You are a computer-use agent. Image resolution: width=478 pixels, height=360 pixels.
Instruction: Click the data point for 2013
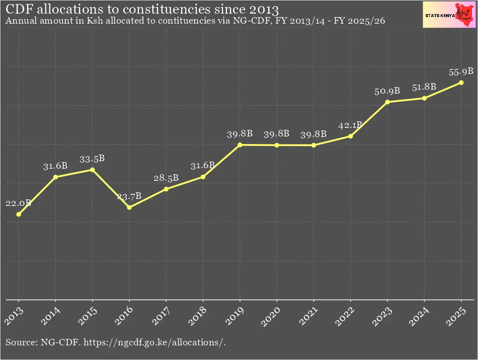(x=19, y=214)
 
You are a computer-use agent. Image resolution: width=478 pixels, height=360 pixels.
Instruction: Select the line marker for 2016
(x=129, y=207)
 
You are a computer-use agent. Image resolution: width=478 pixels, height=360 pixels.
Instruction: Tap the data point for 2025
(x=461, y=83)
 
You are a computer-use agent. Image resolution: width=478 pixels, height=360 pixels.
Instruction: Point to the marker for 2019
(x=240, y=145)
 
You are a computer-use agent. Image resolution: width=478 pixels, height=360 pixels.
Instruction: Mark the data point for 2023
(x=387, y=102)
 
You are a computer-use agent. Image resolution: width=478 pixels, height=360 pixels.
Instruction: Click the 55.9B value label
(x=461, y=72)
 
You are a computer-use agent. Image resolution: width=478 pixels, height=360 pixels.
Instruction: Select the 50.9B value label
(x=387, y=91)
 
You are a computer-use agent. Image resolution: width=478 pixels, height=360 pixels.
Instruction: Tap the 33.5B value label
(x=92, y=159)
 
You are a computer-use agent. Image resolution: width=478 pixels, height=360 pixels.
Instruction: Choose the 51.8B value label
(x=424, y=87)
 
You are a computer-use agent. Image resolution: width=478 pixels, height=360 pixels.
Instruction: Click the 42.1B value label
(x=351, y=125)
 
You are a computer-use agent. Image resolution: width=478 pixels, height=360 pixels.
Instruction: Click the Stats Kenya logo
(x=449, y=14)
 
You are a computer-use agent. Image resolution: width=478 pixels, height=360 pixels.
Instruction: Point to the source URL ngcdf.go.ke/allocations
(x=154, y=343)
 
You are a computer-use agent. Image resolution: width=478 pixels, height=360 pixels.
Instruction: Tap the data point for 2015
(x=92, y=170)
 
